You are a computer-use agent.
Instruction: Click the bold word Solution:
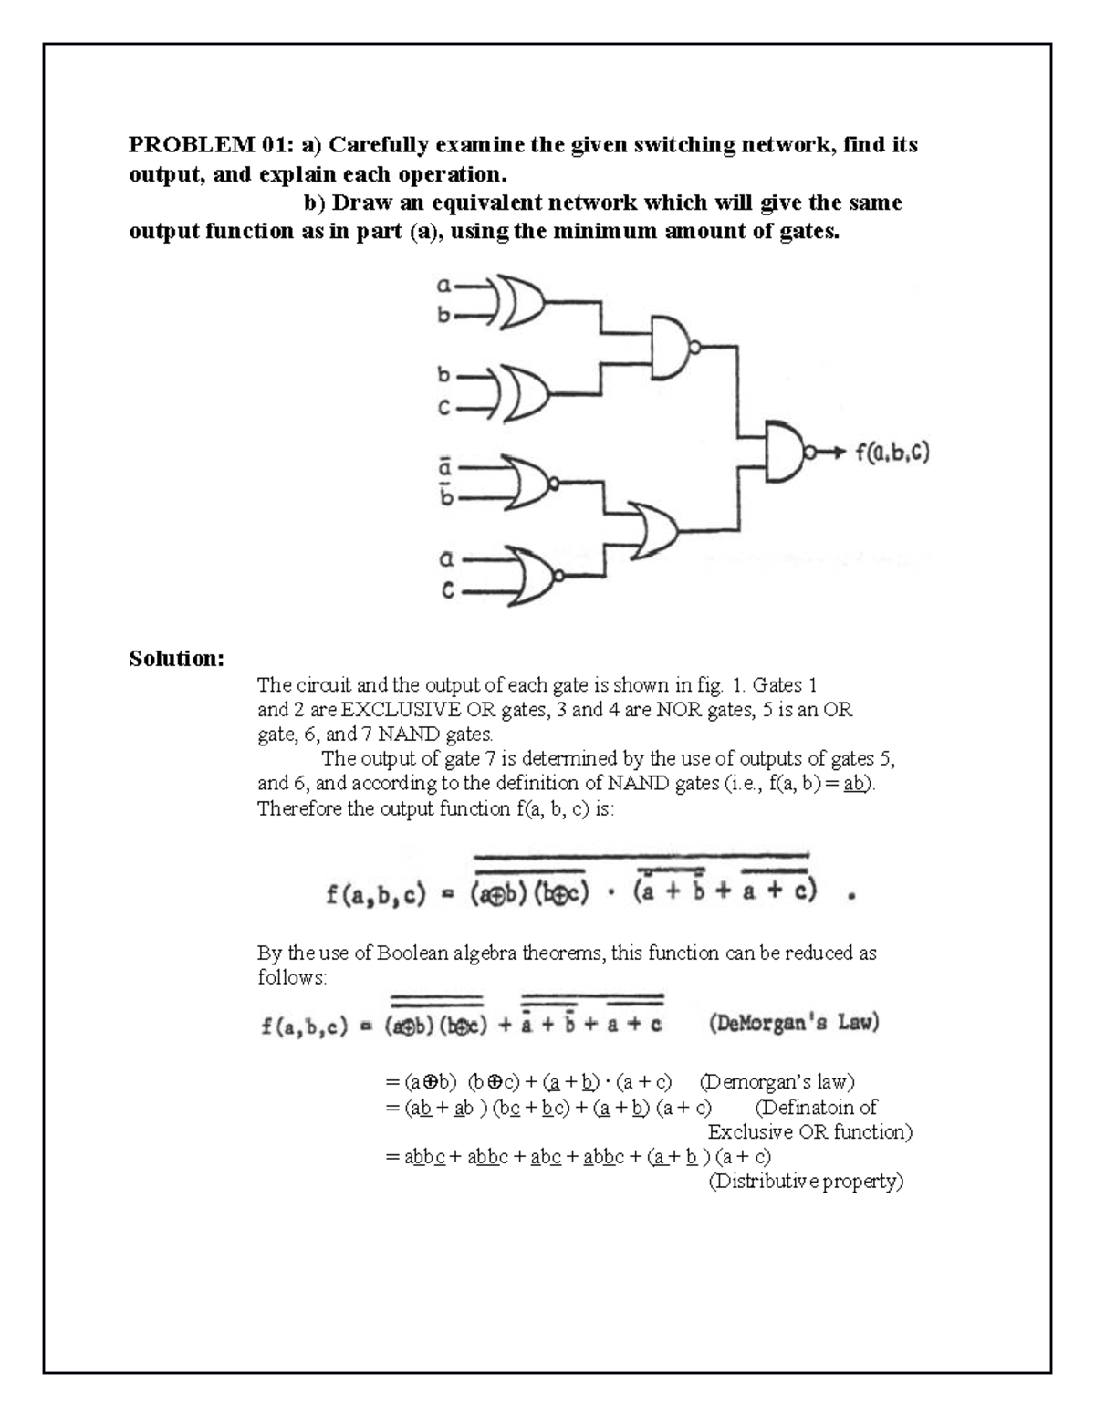click(176, 658)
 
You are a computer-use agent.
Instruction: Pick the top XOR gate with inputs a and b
click(521, 301)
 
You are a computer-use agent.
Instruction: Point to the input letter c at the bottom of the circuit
click(447, 591)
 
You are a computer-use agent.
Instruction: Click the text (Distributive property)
click(806, 1182)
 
